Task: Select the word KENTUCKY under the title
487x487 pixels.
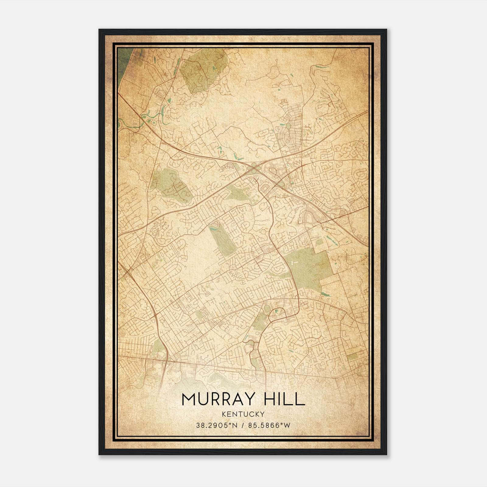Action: pyautogui.click(x=243, y=414)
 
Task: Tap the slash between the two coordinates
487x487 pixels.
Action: pyautogui.click(x=243, y=426)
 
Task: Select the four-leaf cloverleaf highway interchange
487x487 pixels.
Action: pyautogui.click(x=253, y=167)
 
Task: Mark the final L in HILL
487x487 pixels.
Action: pyautogui.click(x=300, y=399)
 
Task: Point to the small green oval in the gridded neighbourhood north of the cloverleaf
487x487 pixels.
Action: pyautogui.click(x=288, y=125)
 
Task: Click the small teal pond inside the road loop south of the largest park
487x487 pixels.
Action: pyautogui.click(x=277, y=311)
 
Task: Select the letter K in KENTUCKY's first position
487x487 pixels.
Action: pyautogui.click(x=224, y=414)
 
